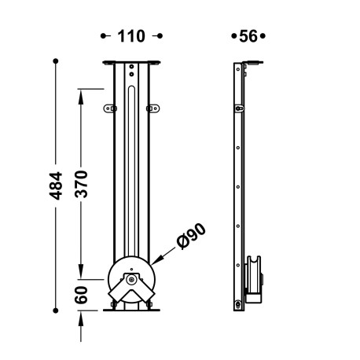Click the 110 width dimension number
131,36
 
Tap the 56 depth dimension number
248,36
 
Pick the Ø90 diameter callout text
191,236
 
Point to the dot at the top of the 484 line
57,61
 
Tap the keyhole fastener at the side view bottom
238,305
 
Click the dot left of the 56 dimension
233,36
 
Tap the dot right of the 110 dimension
160,36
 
